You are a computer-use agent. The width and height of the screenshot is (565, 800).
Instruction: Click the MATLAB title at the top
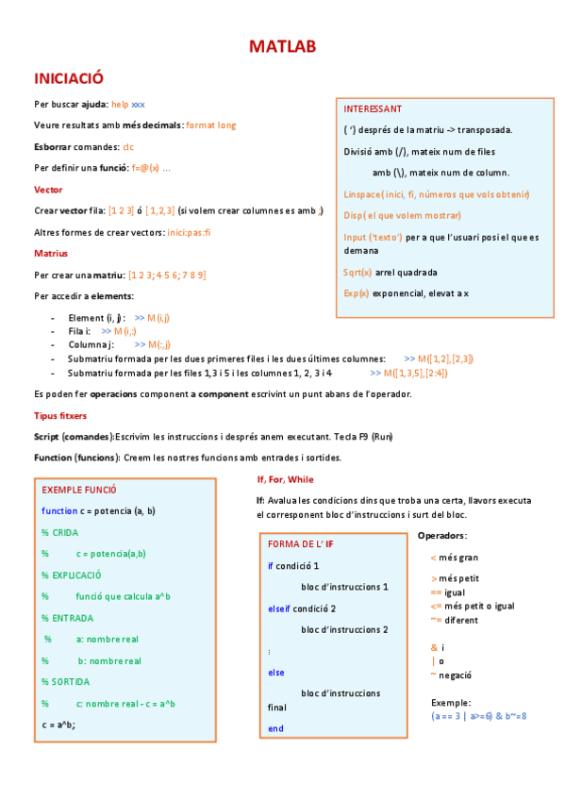tap(282, 47)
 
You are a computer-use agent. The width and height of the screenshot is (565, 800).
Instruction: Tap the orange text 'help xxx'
tap(127, 104)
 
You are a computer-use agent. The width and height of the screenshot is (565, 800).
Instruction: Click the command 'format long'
tap(211, 125)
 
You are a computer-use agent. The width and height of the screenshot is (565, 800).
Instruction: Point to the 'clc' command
tap(128, 146)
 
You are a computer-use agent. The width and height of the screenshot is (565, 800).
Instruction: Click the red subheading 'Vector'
tap(48, 189)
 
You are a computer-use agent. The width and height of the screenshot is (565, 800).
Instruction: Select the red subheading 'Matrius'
tap(51, 253)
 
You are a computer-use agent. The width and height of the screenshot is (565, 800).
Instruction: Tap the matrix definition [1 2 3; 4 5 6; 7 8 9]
tap(167, 275)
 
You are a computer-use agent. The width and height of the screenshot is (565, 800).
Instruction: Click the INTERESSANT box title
tap(373, 108)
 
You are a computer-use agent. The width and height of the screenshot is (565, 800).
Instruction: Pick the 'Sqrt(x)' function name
tap(357, 272)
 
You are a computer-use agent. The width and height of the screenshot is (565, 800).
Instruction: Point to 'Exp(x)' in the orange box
tap(357, 293)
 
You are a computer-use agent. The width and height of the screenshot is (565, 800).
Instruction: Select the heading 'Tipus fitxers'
tap(60, 414)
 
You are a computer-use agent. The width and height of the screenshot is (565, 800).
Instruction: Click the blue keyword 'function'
tap(59, 511)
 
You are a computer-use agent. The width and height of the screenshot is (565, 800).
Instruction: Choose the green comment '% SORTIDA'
tap(71, 681)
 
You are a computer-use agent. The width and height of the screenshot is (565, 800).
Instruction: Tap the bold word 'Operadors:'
tap(440, 536)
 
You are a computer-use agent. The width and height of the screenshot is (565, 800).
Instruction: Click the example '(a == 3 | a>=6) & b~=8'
tap(478, 716)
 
